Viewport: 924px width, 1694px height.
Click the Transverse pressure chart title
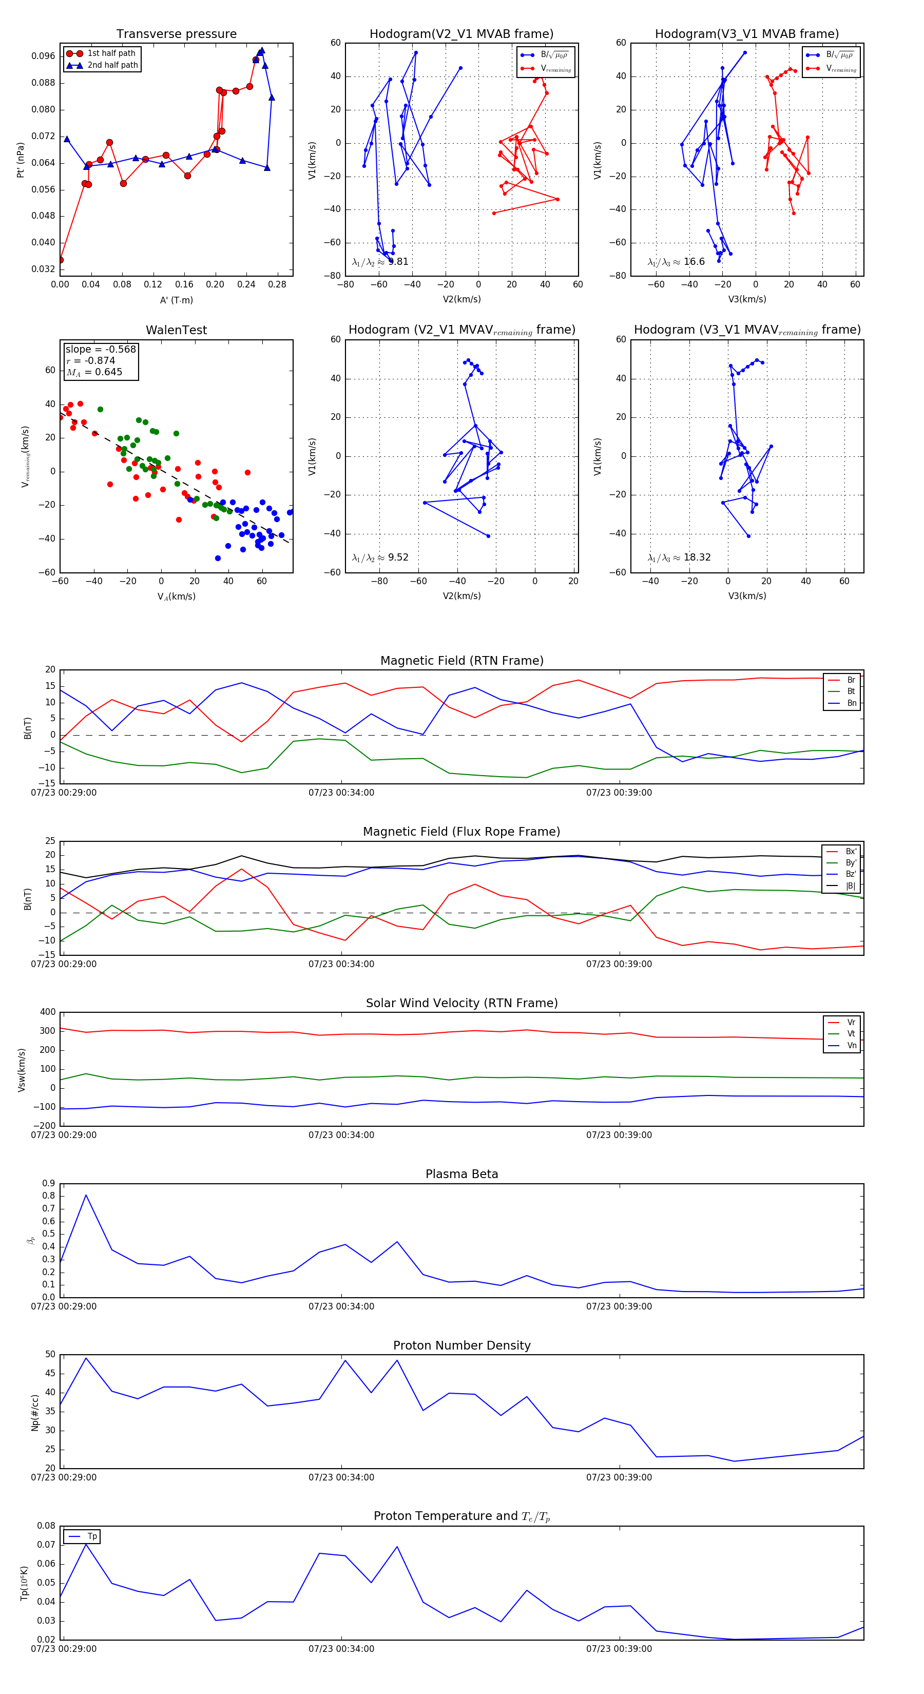(x=176, y=34)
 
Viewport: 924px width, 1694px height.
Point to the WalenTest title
(x=176, y=330)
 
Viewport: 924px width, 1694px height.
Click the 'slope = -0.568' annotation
(x=101, y=349)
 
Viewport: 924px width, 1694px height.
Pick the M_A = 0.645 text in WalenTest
(x=94, y=372)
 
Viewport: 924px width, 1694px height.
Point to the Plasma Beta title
(x=461, y=1174)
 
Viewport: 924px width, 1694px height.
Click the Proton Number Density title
(x=461, y=1345)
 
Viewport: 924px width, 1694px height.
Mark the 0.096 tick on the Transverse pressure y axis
(x=44, y=56)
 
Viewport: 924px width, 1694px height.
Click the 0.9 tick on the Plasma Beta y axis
(x=49, y=1184)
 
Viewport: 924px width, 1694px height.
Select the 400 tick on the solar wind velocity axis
(x=47, y=1012)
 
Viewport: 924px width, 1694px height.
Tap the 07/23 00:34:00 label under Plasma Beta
(x=341, y=1306)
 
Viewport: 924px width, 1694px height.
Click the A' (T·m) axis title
(x=176, y=300)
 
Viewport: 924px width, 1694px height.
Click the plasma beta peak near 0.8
(x=86, y=1195)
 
